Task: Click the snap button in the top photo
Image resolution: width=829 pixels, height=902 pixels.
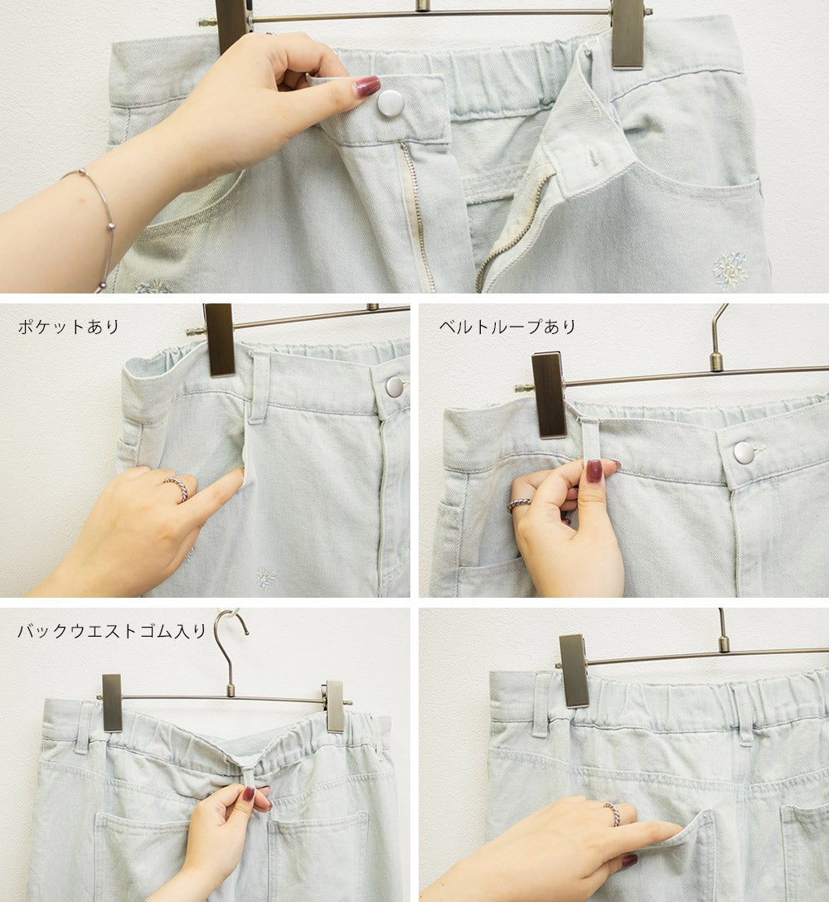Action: click(390, 103)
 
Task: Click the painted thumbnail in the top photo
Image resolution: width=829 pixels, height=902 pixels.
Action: click(367, 86)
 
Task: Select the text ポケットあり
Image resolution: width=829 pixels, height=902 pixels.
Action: click(69, 327)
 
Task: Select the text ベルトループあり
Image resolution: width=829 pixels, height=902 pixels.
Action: click(508, 327)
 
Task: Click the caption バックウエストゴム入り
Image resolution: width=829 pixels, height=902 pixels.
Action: click(112, 631)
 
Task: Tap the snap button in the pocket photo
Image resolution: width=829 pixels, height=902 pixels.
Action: click(395, 386)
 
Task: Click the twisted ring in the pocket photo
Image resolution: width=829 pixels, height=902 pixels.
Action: click(177, 488)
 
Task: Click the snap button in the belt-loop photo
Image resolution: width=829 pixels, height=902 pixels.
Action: click(744, 452)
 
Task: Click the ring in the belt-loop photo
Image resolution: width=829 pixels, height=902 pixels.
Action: click(518, 505)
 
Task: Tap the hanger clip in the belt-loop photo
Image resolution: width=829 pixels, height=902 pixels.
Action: click(550, 395)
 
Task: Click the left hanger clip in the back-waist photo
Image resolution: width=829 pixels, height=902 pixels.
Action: click(112, 703)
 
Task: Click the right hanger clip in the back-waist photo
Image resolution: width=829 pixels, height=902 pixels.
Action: click(335, 706)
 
